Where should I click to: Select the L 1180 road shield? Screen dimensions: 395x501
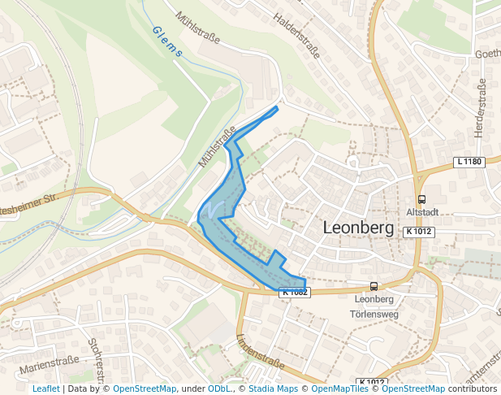469,162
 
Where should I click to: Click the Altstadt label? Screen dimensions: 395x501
421,212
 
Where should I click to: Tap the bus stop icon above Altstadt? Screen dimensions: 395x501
421,199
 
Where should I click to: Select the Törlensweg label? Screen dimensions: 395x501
373,313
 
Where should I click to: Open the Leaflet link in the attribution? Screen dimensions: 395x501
46,389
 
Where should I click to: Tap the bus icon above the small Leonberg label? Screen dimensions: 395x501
374,286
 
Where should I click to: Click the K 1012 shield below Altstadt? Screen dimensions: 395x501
419,232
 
